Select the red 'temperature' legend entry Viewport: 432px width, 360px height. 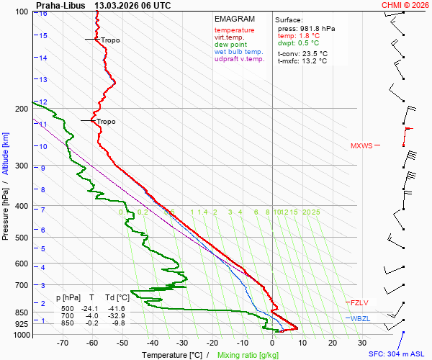(x=234, y=30)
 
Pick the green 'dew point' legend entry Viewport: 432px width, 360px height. (x=230, y=45)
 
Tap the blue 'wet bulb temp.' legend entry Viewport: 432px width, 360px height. (x=239, y=52)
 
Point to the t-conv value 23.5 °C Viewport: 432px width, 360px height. (x=313, y=53)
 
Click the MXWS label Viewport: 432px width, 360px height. (x=361, y=146)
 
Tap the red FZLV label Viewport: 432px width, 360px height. (x=359, y=302)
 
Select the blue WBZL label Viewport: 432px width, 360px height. (x=359, y=318)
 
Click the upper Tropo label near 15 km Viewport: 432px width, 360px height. (x=110, y=40)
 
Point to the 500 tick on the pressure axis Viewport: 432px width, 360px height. (x=22, y=238)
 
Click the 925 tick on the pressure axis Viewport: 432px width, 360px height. (x=22, y=325)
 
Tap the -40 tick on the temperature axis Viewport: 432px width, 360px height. (x=153, y=343)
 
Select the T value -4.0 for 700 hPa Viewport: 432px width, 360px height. (x=92, y=316)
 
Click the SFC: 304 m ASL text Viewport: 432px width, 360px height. (x=398, y=354)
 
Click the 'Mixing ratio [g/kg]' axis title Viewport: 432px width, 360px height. (x=248, y=355)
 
